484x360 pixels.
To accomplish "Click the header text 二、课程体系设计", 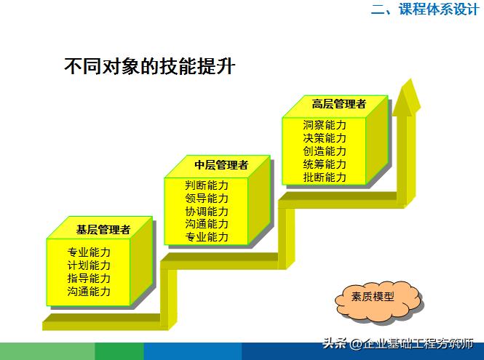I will tap(424, 9).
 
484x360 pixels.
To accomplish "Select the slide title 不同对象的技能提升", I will tap(149, 67).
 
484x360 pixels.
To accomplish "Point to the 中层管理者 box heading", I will tap(221, 165).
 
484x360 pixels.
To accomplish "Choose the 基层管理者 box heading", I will tap(103, 229).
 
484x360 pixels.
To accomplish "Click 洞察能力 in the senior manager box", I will tap(325, 124).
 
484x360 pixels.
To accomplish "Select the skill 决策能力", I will tap(325, 137).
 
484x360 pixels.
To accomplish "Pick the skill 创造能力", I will tap(325, 151).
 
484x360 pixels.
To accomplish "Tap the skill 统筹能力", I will tap(325, 164).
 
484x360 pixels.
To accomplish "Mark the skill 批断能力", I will tap(325, 177).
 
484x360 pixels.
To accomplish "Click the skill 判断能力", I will tap(207, 185).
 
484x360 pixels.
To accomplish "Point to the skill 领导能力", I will tap(207, 198).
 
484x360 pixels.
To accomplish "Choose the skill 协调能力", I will tap(207, 211).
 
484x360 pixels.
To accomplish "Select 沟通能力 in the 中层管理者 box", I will tap(207, 224).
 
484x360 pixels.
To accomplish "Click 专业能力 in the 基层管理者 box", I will tap(89, 252).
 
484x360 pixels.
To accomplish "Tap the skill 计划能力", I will tap(89, 265).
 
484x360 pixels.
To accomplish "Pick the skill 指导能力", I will tap(89, 279).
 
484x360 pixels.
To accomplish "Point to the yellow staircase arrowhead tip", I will tap(406, 82).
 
